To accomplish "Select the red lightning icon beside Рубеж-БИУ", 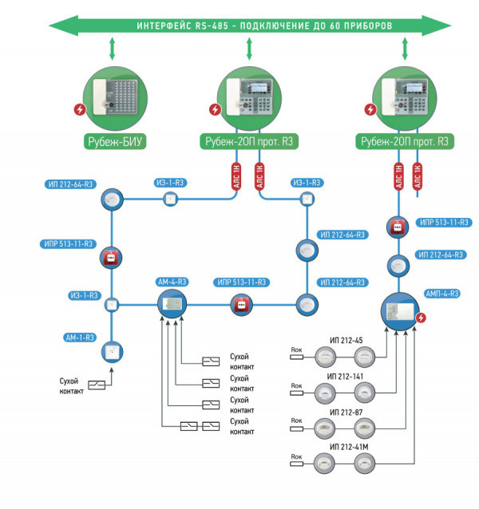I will click(79, 110).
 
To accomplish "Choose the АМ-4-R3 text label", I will click(172, 282).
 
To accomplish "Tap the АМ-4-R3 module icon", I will click(172, 303).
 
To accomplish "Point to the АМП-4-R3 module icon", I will click(400, 310).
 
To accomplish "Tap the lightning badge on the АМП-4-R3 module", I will click(421, 318).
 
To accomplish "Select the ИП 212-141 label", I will click(346, 376).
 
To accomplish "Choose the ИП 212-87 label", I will click(344, 411).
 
